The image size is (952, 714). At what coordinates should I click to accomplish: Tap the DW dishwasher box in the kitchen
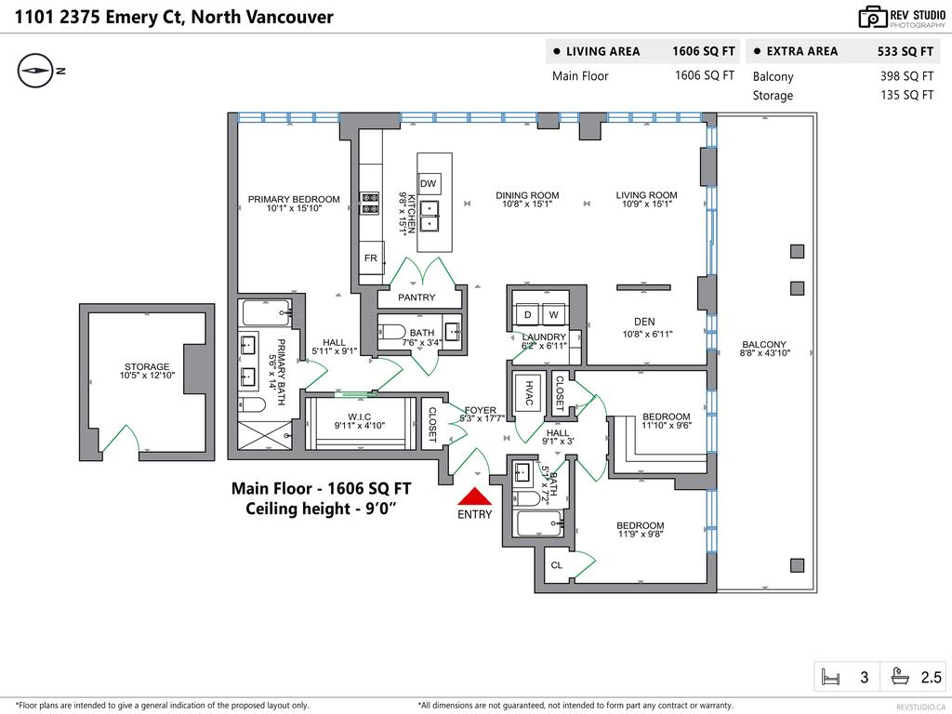pyautogui.click(x=429, y=184)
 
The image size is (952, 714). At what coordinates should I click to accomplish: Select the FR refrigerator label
pyautogui.click(x=371, y=258)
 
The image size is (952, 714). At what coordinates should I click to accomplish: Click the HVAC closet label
pyautogui.click(x=529, y=392)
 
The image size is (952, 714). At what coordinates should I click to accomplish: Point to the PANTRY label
pyautogui.click(x=416, y=297)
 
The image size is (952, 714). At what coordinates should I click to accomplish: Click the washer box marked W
pyautogui.click(x=552, y=315)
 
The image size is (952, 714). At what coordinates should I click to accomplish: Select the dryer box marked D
pyautogui.click(x=527, y=315)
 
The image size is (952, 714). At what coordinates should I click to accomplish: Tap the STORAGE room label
pyautogui.click(x=147, y=367)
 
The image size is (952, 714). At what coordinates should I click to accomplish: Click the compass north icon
pyautogui.click(x=36, y=71)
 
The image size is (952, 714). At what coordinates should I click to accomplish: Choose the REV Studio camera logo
pyautogui.click(x=873, y=17)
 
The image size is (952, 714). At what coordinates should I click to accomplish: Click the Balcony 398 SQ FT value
pyautogui.click(x=906, y=76)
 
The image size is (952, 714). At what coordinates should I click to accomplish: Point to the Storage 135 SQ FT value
pyautogui.click(x=906, y=95)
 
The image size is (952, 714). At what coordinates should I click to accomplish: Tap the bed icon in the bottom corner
pyautogui.click(x=830, y=677)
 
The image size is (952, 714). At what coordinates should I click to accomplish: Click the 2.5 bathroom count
pyautogui.click(x=931, y=678)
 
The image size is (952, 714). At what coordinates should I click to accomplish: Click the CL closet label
pyautogui.click(x=557, y=564)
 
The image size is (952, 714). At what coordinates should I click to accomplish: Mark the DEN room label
pyautogui.click(x=645, y=322)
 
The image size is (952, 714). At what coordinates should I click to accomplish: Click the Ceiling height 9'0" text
pyautogui.click(x=321, y=509)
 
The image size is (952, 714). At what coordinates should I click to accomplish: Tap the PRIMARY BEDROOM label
pyautogui.click(x=293, y=199)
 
